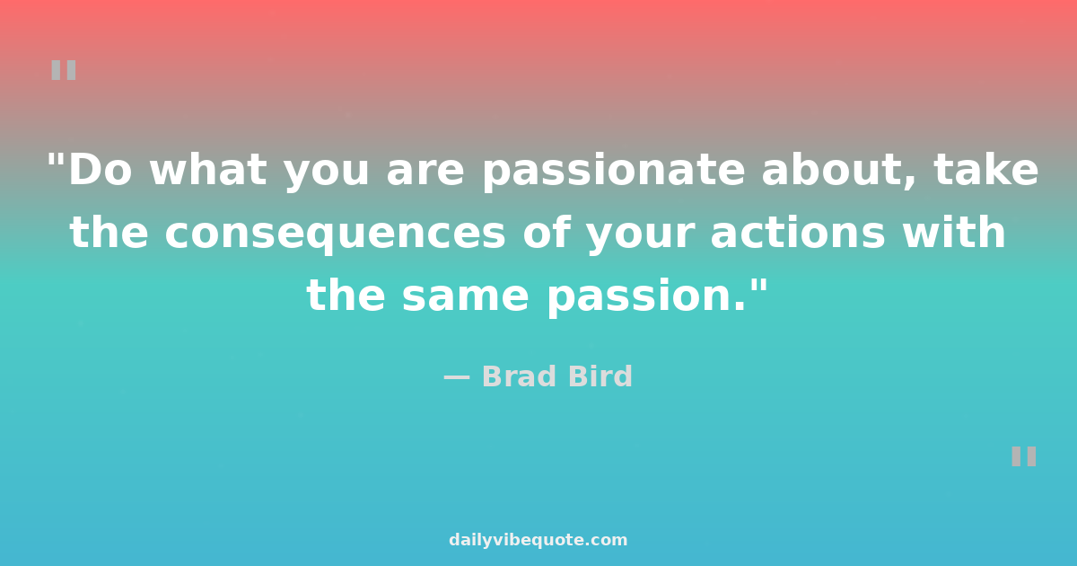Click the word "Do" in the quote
(100, 170)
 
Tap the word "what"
(208, 170)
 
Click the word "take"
(985, 170)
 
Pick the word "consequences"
(335, 234)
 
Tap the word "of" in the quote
(546, 232)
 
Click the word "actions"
(798, 232)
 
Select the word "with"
(954, 232)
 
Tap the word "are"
(425, 172)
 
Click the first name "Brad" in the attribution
(520, 376)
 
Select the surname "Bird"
(600, 376)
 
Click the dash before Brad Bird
(456, 378)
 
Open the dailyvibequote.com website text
(538, 540)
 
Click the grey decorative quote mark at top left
(64, 70)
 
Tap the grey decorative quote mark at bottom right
(1024, 456)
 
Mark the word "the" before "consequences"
(109, 232)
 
